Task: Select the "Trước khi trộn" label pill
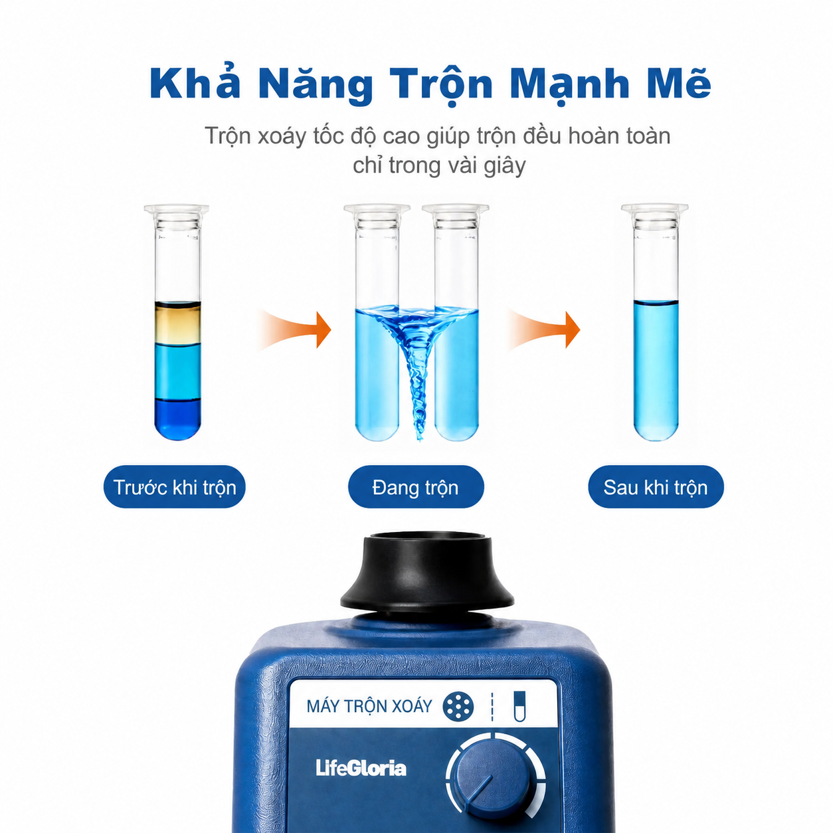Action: [x=174, y=487]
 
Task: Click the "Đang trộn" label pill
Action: [x=415, y=487]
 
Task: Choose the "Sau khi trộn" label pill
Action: [x=656, y=487]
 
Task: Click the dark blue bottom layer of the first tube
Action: [x=177, y=418]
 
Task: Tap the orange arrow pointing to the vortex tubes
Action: [x=295, y=329]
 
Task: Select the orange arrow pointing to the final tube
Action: [x=544, y=329]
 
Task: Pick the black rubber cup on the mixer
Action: [x=426, y=573]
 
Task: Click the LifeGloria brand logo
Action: [x=361, y=768]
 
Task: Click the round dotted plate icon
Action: [x=458, y=707]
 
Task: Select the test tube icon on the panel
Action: [x=519, y=706]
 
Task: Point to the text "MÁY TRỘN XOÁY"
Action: [x=369, y=706]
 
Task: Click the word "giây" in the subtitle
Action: [x=504, y=165]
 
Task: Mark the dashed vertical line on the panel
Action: [x=492, y=706]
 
